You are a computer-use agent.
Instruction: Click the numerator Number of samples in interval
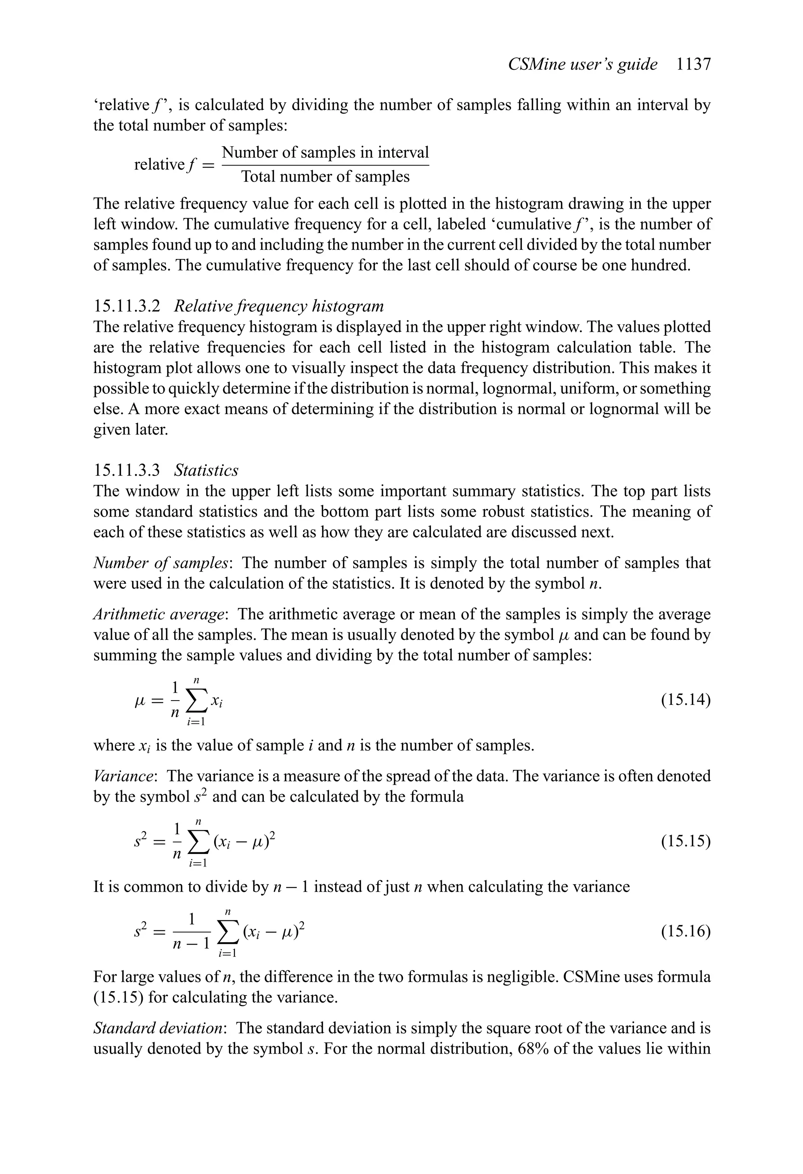pyautogui.click(x=325, y=152)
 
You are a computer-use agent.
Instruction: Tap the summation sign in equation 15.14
pyautogui.click(x=196, y=701)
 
